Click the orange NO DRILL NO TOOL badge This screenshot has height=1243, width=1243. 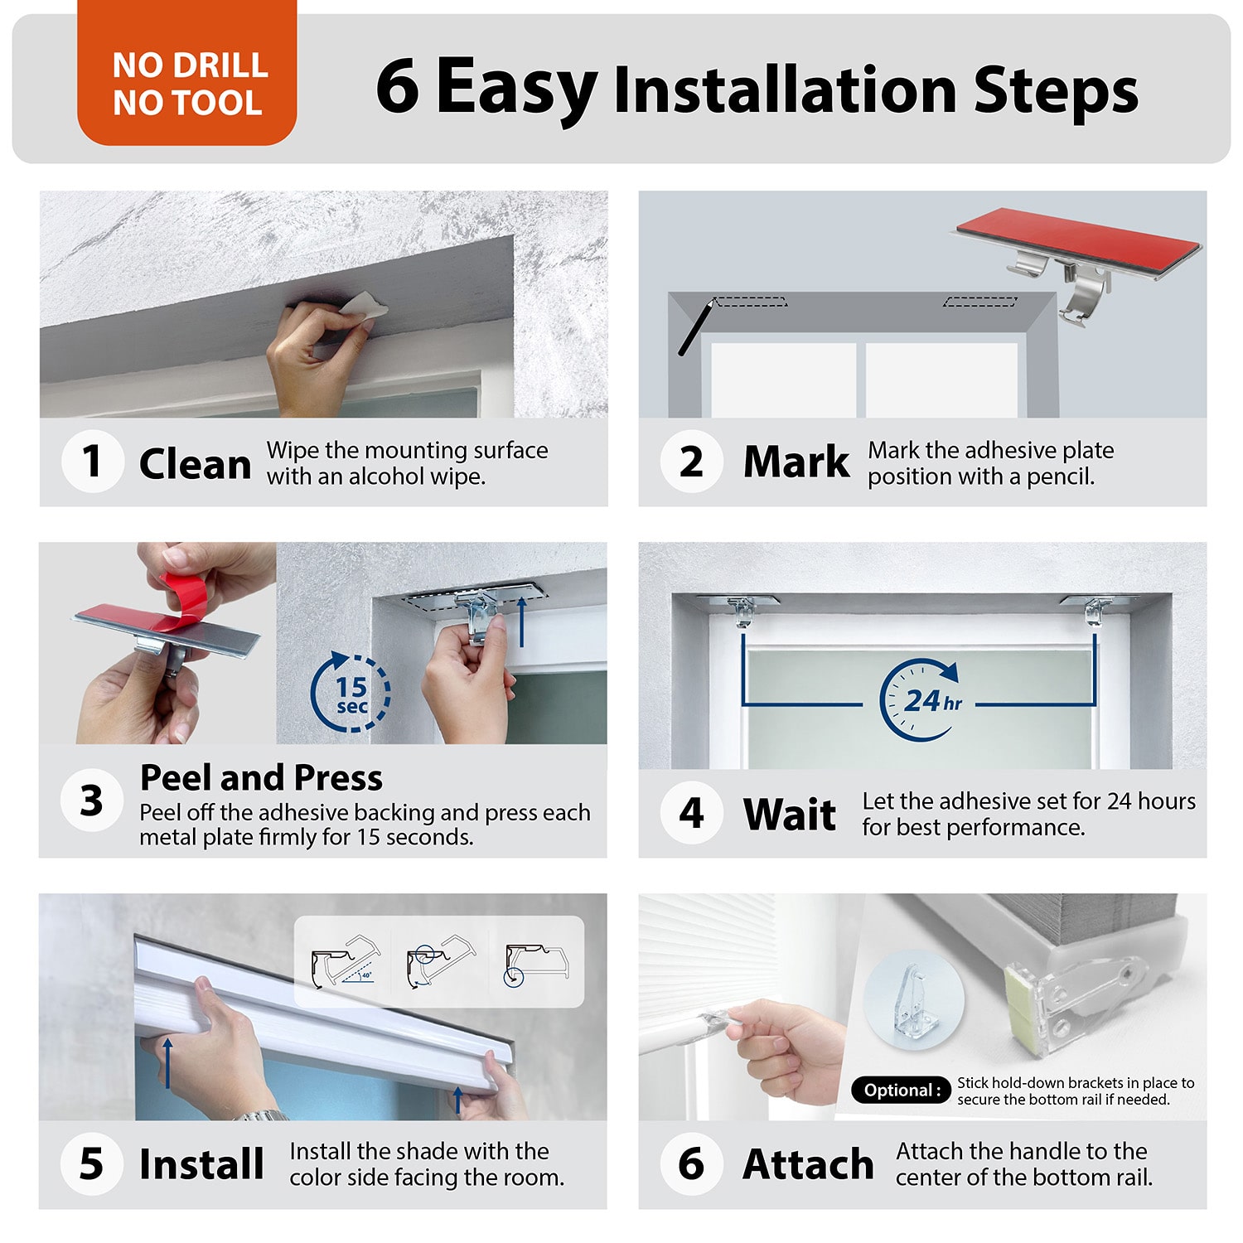click(187, 73)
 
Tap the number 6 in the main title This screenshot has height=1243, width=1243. click(398, 86)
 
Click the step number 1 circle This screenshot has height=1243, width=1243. click(93, 462)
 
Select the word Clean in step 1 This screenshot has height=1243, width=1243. click(195, 463)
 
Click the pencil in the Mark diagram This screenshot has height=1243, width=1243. click(696, 328)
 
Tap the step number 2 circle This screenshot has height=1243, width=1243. click(692, 462)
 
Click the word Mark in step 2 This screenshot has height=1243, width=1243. click(796, 462)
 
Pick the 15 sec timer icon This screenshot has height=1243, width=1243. click(351, 693)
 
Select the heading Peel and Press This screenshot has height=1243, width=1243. click(261, 777)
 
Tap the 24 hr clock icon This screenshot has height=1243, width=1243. click(921, 700)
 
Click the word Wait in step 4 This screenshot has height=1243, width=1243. click(790, 814)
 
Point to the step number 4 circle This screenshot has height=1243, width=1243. click(692, 812)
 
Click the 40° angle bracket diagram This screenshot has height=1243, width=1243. click(346, 961)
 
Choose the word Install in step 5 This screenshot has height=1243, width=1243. click(201, 1163)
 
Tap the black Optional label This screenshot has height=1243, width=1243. click(902, 1090)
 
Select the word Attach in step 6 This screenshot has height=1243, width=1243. click(809, 1163)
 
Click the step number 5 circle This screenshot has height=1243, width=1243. click(93, 1163)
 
